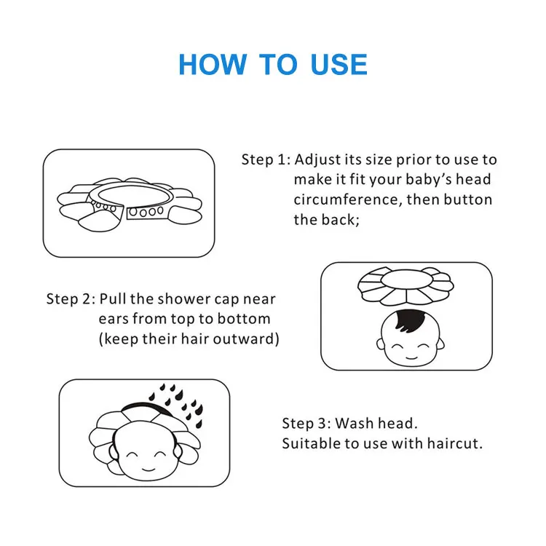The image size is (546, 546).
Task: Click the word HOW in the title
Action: (213, 64)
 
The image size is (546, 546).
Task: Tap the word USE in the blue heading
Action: (339, 64)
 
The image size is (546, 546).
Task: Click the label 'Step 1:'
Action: (266, 159)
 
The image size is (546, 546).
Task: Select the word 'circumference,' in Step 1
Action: (348, 199)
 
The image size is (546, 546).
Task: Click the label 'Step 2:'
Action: (71, 298)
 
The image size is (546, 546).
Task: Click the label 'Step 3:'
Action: (306, 424)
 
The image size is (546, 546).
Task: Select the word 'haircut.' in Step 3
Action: (455, 443)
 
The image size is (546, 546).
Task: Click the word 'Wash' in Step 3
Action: (355, 424)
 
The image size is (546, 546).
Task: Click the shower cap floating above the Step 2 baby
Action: (405, 286)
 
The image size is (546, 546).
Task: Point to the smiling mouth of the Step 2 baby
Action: (411, 357)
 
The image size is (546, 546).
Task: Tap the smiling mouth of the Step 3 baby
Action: (149, 470)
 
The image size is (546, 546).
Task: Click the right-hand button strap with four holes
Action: (146, 211)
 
